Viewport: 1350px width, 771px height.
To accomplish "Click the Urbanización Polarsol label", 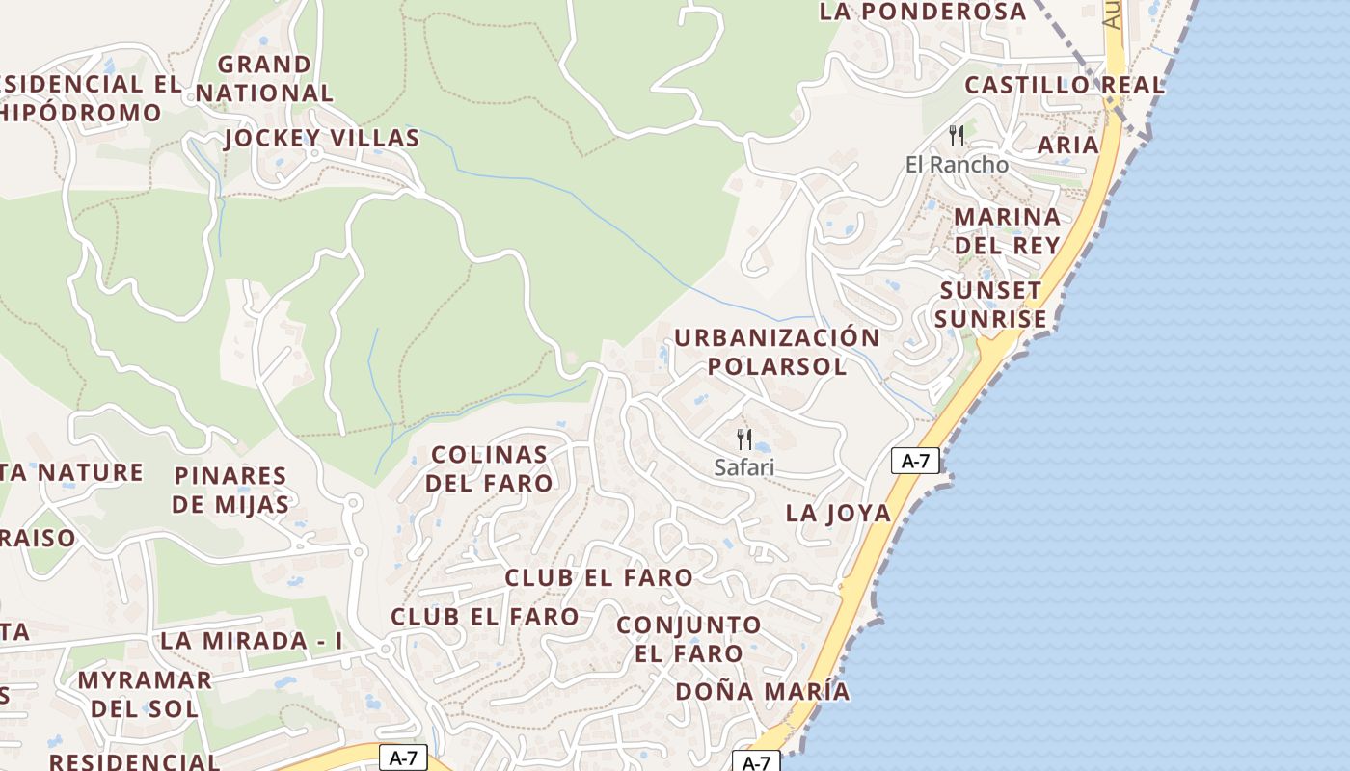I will [x=776, y=352].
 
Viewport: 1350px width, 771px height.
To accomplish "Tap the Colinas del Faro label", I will [x=489, y=468].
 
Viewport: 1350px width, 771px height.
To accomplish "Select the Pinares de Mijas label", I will [x=231, y=490].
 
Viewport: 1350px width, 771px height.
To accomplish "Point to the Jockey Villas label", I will [x=322, y=139].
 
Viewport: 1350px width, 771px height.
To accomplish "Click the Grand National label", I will [x=264, y=79].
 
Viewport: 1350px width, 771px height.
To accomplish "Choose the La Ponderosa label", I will [x=923, y=12].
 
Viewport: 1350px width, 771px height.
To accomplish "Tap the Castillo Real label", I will [x=1065, y=85].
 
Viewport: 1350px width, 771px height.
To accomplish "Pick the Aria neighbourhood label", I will [x=1068, y=146].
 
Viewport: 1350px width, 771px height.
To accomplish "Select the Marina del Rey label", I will [x=1008, y=230].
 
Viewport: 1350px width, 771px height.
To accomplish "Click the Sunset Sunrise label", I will [x=991, y=305].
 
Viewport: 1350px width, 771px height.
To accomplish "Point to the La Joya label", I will [x=838, y=513].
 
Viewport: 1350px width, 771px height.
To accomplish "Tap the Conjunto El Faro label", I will [x=688, y=639].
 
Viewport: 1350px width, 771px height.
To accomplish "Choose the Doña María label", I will [x=762, y=691].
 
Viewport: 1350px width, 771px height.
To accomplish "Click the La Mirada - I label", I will [x=252, y=641].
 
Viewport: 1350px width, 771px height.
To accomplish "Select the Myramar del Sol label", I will [x=145, y=694].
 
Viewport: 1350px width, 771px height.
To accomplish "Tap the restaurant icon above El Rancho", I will [x=957, y=135].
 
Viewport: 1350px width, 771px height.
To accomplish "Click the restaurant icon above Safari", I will [x=744, y=439].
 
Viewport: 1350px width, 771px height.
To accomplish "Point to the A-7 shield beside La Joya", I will [x=914, y=461].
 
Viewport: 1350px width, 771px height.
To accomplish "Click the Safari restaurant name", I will [x=744, y=467].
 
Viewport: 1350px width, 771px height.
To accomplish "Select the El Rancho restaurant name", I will [x=957, y=165].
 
